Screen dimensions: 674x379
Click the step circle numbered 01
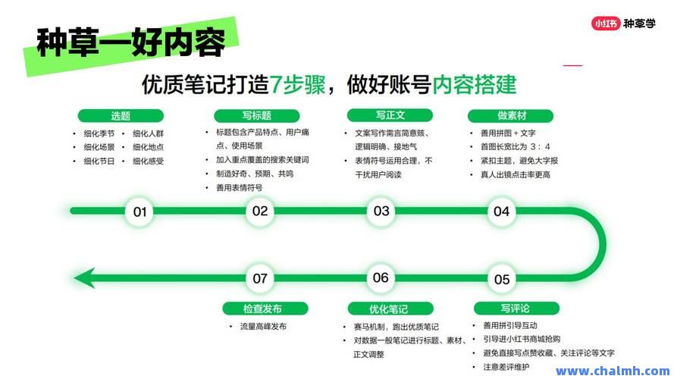pyautogui.click(x=140, y=211)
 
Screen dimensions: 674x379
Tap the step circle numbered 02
pyautogui.click(x=260, y=211)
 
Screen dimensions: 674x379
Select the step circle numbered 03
pyautogui.click(x=381, y=211)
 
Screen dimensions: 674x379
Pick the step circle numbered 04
pyautogui.click(x=502, y=211)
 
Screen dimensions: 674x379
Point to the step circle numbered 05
pyautogui.click(x=502, y=279)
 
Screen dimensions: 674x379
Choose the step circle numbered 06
pyautogui.click(x=381, y=278)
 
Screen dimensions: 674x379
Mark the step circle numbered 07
pyautogui.click(x=260, y=278)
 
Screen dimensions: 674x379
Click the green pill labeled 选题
pyautogui.click(x=121, y=116)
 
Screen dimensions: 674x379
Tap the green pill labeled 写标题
pyautogui.click(x=256, y=116)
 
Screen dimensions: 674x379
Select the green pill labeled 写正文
pyautogui.click(x=390, y=115)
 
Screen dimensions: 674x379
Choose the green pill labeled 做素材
pyautogui.click(x=511, y=116)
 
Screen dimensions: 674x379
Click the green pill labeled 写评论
pyautogui.click(x=516, y=309)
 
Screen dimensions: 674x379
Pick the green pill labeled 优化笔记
pyautogui.click(x=390, y=309)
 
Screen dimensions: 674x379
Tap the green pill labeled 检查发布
pyautogui.click(x=265, y=309)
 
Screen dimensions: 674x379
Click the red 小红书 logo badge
pyautogui.click(x=606, y=23)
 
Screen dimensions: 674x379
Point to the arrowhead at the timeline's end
pyautogui.click(x=84, y=278)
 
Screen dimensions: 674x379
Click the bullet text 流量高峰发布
pyautogui.click(x=263, y=327)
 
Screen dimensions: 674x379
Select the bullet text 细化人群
pyautogui.click(x=149, y=133)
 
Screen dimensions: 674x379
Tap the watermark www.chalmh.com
pyautogui.click(x=613, y=371)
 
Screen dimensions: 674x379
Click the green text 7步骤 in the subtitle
pyautogui.click(x=297, y=84)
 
